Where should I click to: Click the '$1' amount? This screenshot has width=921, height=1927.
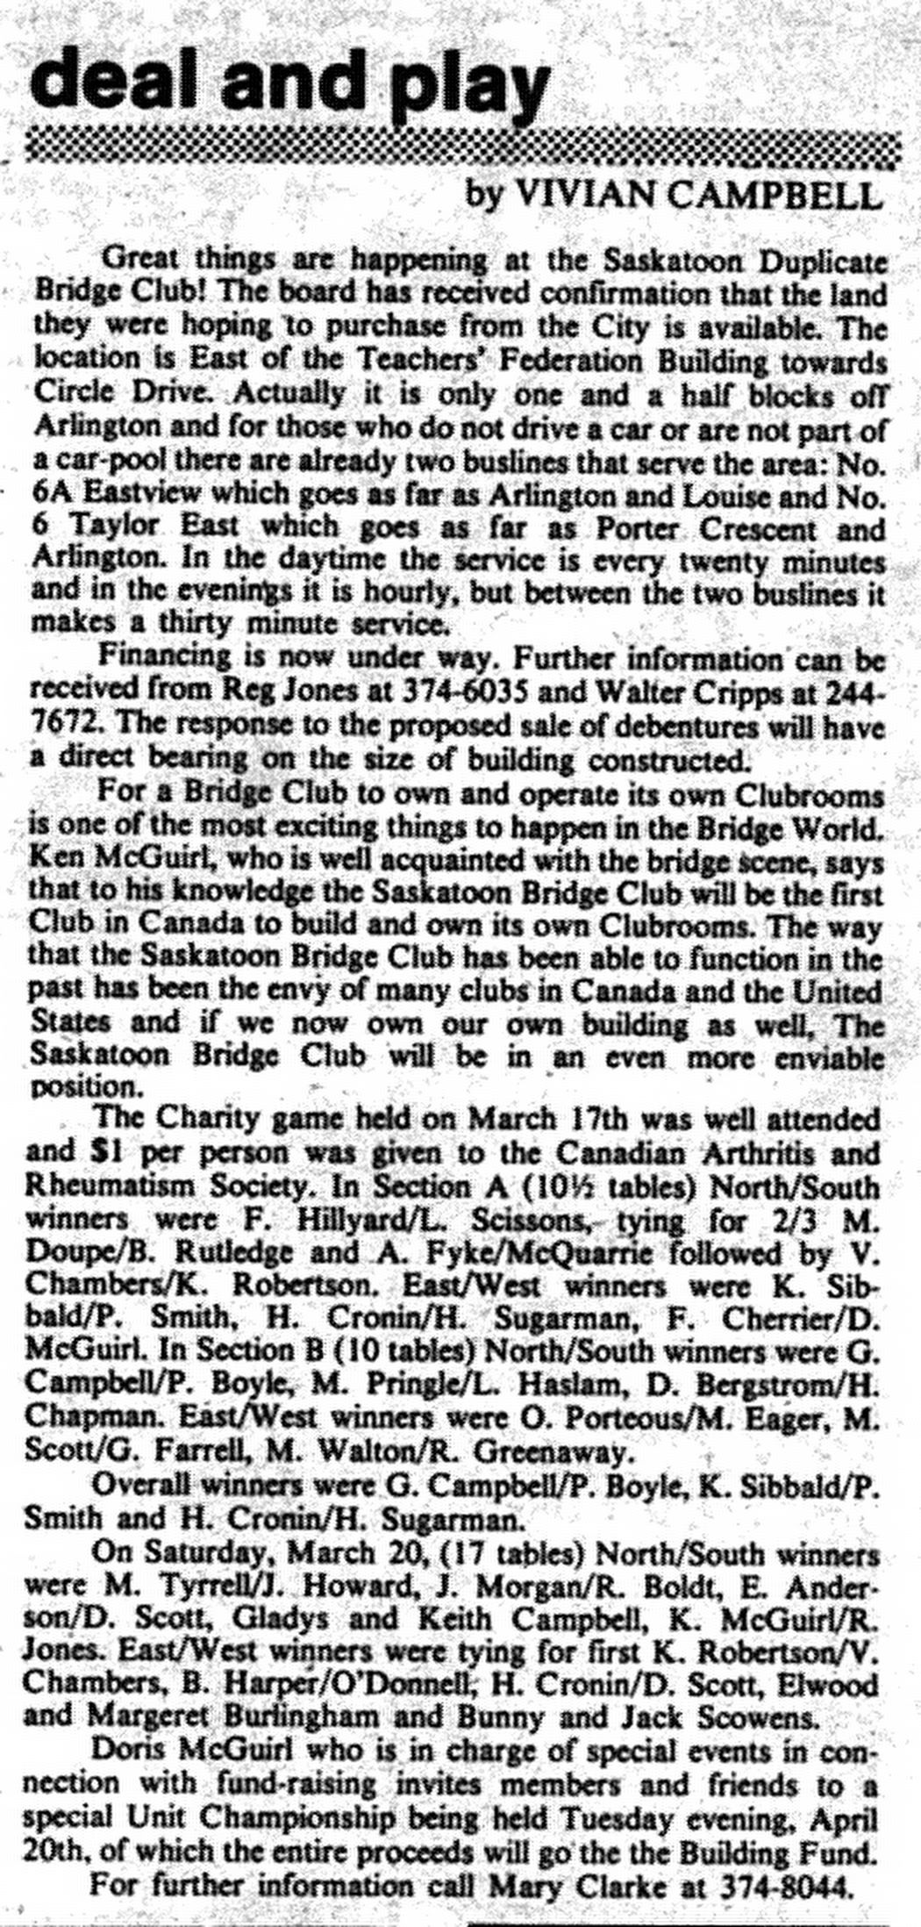(x=116, y=1153)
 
